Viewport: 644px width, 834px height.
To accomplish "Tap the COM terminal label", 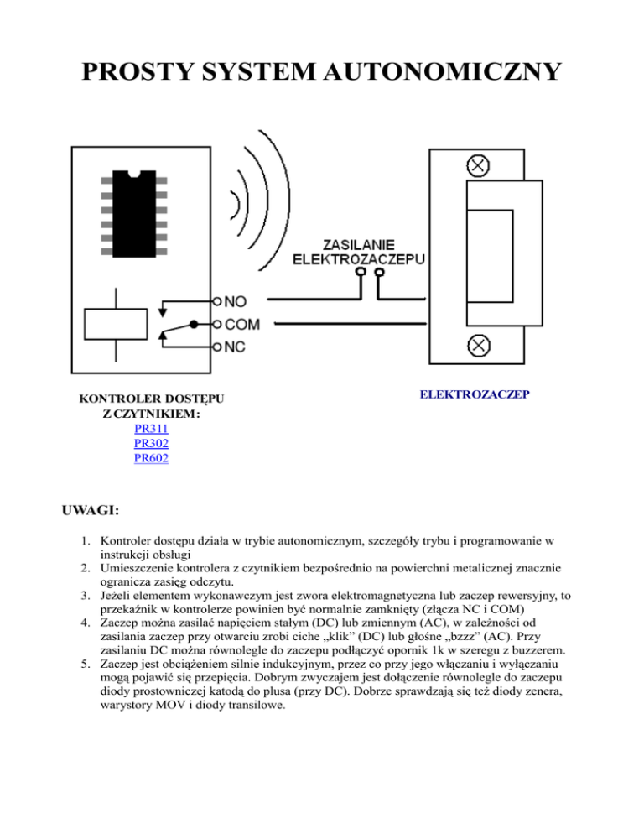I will point(242,324).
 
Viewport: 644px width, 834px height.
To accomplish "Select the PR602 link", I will point(151,459).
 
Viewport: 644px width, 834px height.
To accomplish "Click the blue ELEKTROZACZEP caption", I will point(474,393).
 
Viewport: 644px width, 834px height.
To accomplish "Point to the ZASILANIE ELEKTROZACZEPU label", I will point(358,250).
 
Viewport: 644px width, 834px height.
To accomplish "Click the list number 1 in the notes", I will point(88,542).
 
